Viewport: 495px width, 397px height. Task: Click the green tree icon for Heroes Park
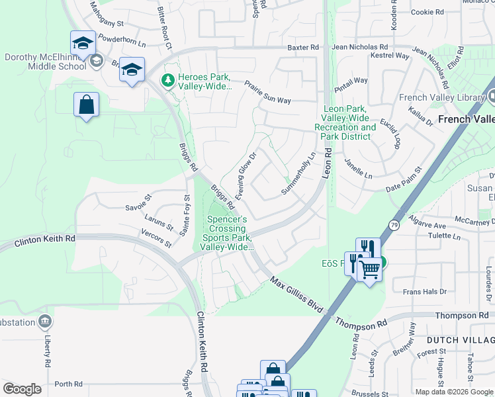pyautogui.click(x=168, y=81)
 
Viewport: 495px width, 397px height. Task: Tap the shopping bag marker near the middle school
pyautogui.click(x=86, y=105)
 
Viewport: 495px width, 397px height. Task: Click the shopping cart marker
pyautogui.click(x=369, y=267)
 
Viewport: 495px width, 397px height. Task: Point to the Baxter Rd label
pyautogui.click(x=303, y=48)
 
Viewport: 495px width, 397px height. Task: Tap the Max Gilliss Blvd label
pyautogui.click(x=296, y=294)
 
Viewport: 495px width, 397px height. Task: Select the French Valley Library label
pyautogui.click(x=442, y=98)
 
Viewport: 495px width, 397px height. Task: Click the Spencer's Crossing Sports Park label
pyautogui.click(x=228, y=233)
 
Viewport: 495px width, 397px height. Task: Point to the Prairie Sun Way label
pyautogui.click(x=267, y=93)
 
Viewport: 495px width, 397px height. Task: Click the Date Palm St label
pyautogui.click(x=403, y=179)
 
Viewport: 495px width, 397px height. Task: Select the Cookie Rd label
pyautogui.click(x=427, y=12)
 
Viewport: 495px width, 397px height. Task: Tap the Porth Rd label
pyautogui.click(x=68, y=384)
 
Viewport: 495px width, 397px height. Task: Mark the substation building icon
pyautogui.click(x=45, y=322)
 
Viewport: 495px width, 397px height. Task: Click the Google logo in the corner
pyautogui.click(x=22, y=389)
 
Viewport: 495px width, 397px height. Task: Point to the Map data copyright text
pyautogui.click(x=453, y=392)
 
